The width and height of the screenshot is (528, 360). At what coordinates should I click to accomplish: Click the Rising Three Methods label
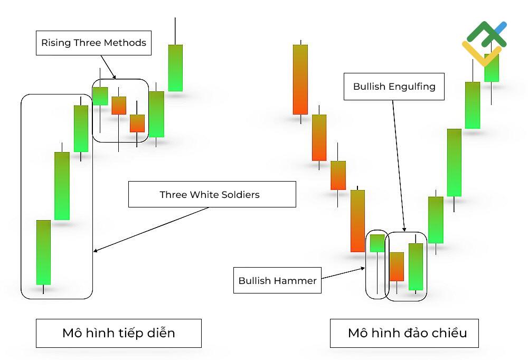click(x=93, y=43)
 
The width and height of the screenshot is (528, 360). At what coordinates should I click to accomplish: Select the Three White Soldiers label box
click(x=212, y=194)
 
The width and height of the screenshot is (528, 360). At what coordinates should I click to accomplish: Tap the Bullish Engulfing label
click(x=394, y=87)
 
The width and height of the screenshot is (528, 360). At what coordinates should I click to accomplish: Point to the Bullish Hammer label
click(x=278, y=280)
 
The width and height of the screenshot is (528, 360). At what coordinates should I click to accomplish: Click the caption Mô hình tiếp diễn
click(x=118, y=333)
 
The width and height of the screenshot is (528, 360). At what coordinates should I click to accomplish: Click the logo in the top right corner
click(x=484, y=43)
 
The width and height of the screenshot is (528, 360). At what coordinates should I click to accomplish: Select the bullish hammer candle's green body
click(x=377, y=243)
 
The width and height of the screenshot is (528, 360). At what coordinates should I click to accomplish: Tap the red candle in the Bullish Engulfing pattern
click(x=397, y=267)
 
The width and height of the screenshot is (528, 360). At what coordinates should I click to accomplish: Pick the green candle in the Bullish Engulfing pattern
click(x=416, y=267)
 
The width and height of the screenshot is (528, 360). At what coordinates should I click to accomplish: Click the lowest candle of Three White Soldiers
click(x=43, y=252)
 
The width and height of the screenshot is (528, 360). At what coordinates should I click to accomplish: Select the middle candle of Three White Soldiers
click(x=62, y=186)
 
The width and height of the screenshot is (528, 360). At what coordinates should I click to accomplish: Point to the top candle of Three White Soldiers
click(x=81, y=129)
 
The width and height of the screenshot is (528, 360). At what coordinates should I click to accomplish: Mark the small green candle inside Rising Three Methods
click(x=100, y=96)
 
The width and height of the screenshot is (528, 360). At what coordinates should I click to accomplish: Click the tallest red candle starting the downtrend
click(x=300, y=80)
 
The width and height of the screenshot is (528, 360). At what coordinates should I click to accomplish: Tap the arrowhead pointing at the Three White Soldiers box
click(x=96, y=250)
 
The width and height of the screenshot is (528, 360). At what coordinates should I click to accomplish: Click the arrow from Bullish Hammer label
click(x=343, y=273)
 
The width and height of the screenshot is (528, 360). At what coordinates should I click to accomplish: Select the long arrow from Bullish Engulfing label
click(x=399, y=166)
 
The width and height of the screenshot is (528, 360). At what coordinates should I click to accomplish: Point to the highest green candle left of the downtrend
click(x=175, y=68)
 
